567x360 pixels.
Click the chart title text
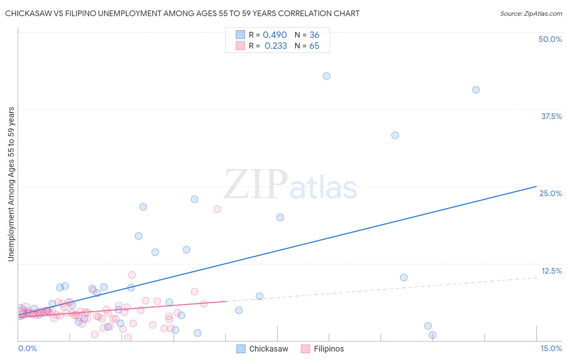point(182,14)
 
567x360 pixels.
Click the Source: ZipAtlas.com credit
point(531,14)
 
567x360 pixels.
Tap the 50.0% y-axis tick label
point(550,39)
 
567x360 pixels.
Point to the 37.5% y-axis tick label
point(551,116)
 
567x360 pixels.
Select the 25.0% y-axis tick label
point(550,193)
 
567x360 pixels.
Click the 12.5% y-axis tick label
point(551,271)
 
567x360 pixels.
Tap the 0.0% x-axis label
point(27,349)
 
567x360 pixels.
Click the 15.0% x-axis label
point(551,349)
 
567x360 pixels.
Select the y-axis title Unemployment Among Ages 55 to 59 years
point(11,184)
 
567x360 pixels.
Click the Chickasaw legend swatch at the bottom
point(241,349)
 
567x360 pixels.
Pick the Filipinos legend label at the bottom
point(329,349)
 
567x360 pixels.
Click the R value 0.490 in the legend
point(275,35)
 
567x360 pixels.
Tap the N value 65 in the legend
point(314,46)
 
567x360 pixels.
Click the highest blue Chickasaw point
point(327,76)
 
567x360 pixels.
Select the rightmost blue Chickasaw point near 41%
point(476,90)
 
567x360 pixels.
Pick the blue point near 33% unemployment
point(395,135)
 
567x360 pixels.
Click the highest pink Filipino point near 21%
point(217,209)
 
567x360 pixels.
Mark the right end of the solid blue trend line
point(536,186)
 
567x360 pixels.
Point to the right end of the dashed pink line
point(537,277)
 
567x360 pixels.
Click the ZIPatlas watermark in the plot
point(290,185)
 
